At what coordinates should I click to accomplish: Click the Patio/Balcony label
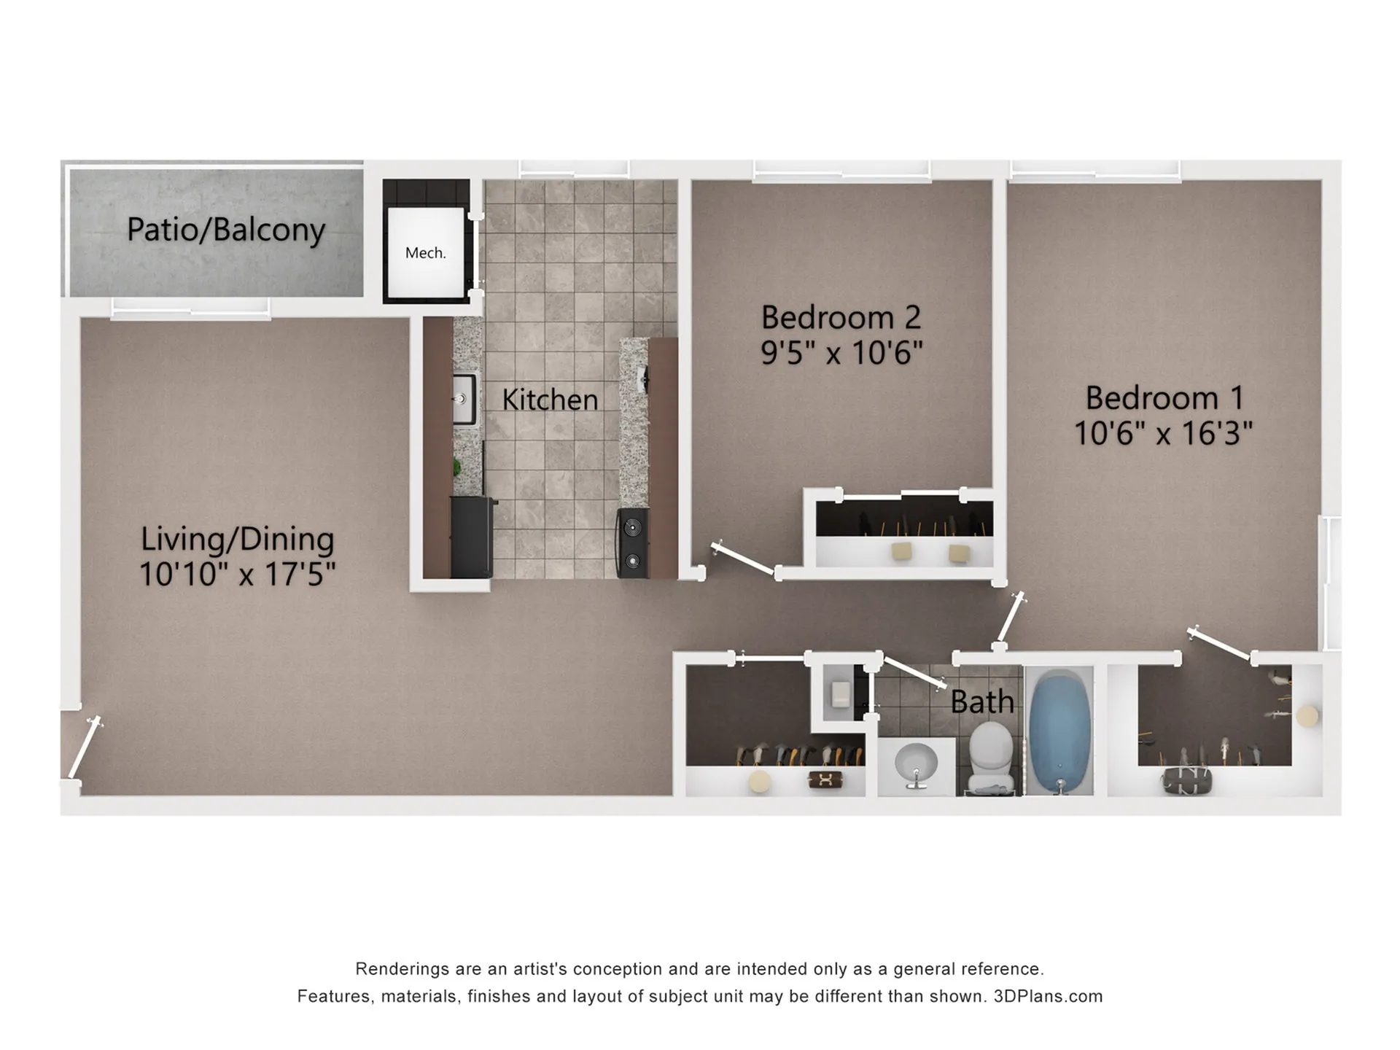[226, 230]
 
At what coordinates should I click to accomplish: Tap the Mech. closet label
[425, 253]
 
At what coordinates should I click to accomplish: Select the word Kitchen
[550, 400]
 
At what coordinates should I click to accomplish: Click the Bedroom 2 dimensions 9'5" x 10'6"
[841, 353]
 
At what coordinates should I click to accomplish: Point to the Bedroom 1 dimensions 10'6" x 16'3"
[1163, 433]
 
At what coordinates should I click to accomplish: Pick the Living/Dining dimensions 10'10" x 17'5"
[237, 574]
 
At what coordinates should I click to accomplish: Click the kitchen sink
[464, 399]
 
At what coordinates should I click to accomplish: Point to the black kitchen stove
[632, 543]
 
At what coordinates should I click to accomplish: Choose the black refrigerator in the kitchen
[472, 537]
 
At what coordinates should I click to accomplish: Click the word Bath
[982, 701]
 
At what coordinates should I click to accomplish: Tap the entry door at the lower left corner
[84, 747]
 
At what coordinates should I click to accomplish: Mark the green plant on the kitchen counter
[457, 467]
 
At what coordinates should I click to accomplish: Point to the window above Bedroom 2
[842, 170]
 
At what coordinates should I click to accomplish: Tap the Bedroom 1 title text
[1164, 398]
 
